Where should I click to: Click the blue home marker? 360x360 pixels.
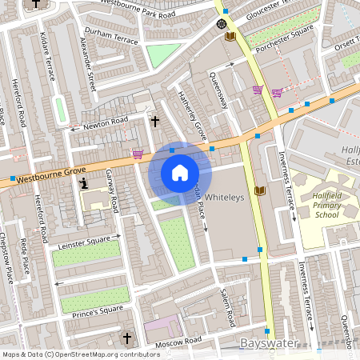(x=180, y=172)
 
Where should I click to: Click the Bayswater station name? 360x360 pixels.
(x=269, y=343)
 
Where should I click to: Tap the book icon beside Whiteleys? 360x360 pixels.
(x=258, y=191)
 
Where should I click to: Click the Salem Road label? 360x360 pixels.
(x=228, y=306)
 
